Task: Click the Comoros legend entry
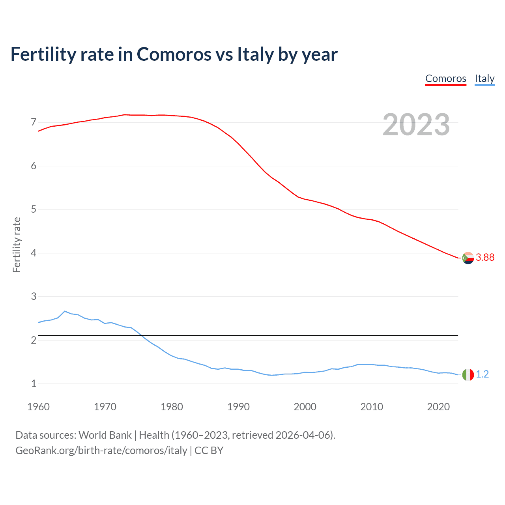tap(445, 79)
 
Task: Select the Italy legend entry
tap(484, 79)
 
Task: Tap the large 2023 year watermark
tap(416, 125)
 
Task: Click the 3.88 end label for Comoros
tap(485, 257)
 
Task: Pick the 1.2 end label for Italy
tap(482, 374)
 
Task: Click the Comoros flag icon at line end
tap(468, 258)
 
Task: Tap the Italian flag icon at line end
tap(468, 374)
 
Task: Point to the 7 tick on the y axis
tap(34, 122)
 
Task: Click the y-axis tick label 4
tap(34, 253)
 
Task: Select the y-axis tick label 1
tap(34, 383)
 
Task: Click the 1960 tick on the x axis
tap(38, 407)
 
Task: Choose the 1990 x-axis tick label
tap(238, 407)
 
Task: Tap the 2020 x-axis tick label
tap(438, 407)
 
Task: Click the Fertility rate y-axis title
tap(17, 245)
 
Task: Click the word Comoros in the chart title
tap(174, 54)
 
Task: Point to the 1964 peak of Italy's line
tap(65, 311)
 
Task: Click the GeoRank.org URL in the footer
tap(101, 450)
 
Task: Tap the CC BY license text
tap(209, 450)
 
